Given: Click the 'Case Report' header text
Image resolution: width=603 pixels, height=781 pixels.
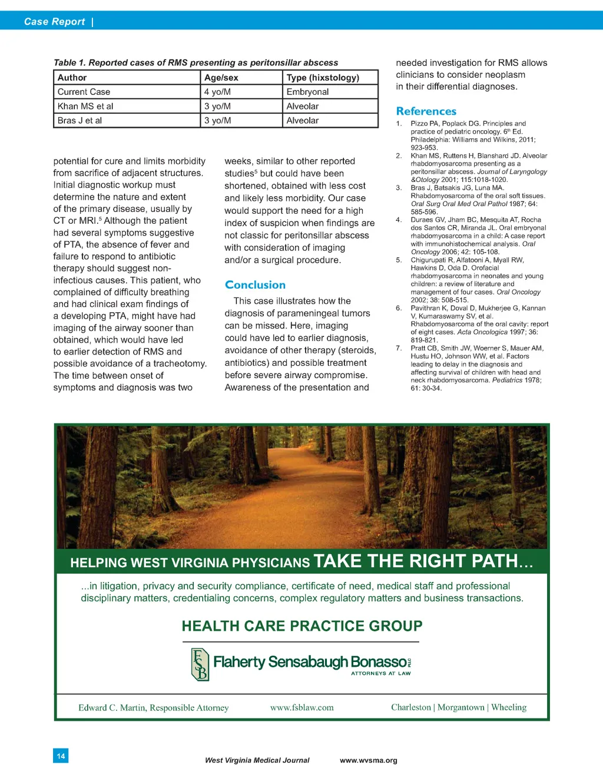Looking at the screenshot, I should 54,22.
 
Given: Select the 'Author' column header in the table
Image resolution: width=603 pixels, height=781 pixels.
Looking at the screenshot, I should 72,78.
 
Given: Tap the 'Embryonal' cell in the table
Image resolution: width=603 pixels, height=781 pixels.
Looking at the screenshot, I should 307,92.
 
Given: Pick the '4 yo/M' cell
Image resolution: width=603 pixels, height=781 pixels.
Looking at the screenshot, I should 217,92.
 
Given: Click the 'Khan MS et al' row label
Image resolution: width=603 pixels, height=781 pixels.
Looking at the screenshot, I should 85,107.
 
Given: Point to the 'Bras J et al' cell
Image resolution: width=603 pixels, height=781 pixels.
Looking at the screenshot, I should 79,121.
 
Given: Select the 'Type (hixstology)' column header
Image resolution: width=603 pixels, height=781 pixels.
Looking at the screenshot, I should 322,78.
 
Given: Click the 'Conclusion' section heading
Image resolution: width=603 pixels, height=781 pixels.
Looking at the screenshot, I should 255,285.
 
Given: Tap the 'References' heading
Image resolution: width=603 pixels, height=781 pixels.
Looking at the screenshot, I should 426,111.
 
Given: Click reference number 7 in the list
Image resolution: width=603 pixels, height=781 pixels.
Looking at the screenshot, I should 399,348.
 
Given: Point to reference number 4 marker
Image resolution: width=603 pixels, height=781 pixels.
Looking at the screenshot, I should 399,220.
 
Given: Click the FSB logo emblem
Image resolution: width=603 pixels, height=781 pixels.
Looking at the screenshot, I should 200,664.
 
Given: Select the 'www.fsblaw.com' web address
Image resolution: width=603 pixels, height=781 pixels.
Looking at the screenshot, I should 301,707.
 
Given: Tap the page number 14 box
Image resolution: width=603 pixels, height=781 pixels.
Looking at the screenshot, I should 61,756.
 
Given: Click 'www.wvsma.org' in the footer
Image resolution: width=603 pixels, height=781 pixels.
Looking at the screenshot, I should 368,760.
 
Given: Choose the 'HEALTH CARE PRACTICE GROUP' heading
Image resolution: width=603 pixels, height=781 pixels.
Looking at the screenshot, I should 301,626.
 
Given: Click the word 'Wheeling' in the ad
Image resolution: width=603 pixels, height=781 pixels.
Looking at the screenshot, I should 509,707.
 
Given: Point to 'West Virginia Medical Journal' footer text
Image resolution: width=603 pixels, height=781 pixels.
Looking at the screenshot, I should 257,760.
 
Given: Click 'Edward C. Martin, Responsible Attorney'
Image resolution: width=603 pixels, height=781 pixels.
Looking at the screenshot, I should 153,708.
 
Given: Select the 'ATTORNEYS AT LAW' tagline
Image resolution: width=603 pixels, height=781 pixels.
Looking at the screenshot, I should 380,673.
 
